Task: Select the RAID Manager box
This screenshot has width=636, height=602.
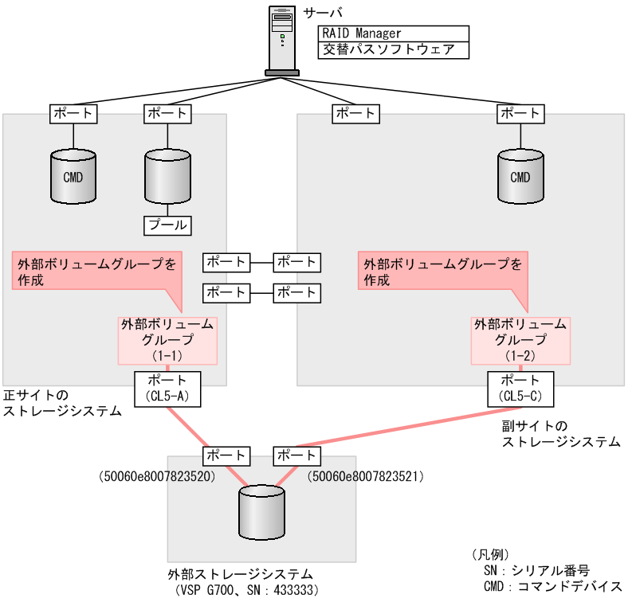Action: [x=392, y=34]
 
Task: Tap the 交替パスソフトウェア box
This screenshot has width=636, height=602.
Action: [x=392, y=50]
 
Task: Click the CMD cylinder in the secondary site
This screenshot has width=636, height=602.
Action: [x=520, y=177]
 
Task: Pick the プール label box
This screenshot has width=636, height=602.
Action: [x=167, y=225]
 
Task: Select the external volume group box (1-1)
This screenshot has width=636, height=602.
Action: [x=167, y=338]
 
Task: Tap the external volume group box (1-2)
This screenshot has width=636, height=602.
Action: [x=520, y=338]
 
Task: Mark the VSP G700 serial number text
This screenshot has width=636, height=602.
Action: [x=246, y=590]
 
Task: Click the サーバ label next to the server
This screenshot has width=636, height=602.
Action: [x=321, y=14]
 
